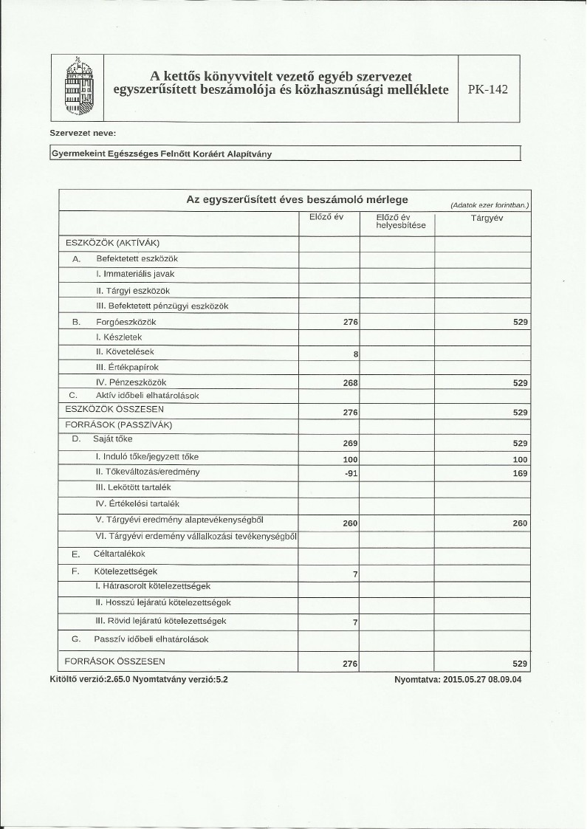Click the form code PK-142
(488, 89)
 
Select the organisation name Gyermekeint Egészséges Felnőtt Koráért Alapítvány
(167, 154)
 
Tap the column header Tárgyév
(487, 218)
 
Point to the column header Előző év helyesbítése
(396, 221)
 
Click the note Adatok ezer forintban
(490, 204)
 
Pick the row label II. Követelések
(125, 351)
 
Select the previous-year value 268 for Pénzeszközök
(346, 383)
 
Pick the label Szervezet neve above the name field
(82, 134)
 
